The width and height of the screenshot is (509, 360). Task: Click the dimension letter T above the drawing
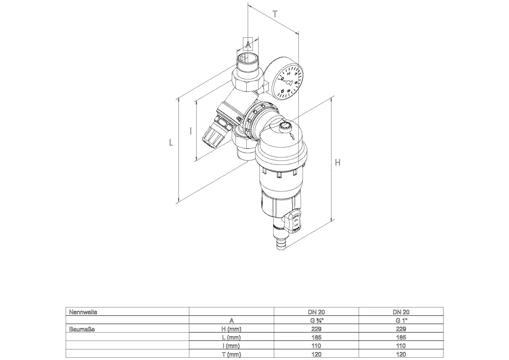tap(275, 14)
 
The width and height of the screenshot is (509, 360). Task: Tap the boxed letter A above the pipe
tap(248, 44)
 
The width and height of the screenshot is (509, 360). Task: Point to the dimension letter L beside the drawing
tap(171, 143)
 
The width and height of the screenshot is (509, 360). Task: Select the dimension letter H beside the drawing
tap(337, 163)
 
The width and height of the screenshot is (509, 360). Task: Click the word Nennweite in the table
tap(83, 312)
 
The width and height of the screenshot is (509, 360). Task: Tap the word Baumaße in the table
tap(82, 329)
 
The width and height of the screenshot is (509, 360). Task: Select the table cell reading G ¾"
tap(316, 320)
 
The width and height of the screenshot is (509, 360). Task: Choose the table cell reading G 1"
tap(401, 320)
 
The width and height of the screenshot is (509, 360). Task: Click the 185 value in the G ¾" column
tap(316, 337)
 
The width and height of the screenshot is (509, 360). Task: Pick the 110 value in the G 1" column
tap(401, 346)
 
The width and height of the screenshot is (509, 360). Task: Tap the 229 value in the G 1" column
tap(401, 329)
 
